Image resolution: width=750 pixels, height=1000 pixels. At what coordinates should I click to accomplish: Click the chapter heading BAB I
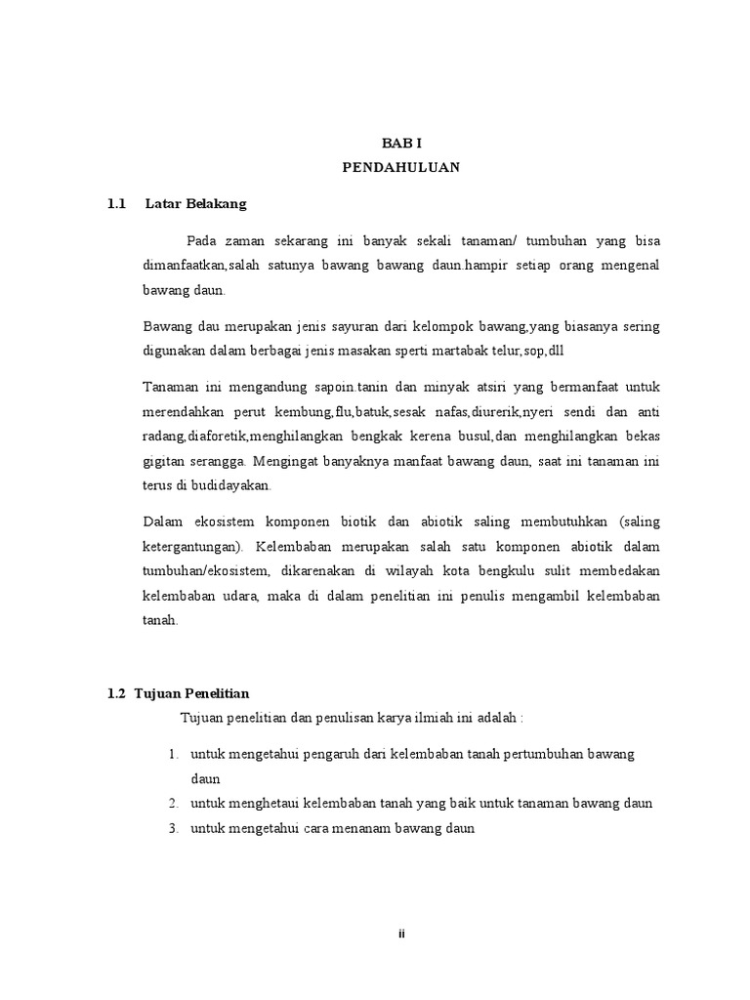click(x=400, y=143)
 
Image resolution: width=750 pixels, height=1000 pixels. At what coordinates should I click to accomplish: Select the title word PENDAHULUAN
click(x=400, y=167)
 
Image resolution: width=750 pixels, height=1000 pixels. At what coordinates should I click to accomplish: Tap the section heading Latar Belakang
click(x=195, y=204)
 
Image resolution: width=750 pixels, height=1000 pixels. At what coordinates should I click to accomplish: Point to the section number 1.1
click(x=118, y=204)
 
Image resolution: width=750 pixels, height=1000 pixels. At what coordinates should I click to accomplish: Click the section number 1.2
click(x=117, y=693)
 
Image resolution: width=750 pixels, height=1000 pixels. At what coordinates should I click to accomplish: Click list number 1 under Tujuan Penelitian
click(x=172, y=755)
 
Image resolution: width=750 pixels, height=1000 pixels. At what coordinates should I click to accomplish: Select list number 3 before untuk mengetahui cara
click(x=172, y=829)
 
